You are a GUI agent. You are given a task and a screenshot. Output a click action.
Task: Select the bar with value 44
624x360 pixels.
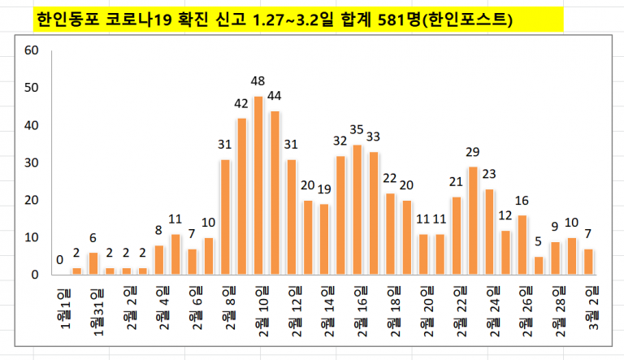point(275,193)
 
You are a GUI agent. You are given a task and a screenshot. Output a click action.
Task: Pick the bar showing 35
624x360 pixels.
point(357,210)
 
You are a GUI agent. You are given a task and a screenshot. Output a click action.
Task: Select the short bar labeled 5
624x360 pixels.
point(539,266)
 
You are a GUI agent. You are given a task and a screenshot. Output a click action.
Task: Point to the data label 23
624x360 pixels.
point(489,174)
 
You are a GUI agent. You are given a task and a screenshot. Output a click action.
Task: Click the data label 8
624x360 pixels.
point(158,230)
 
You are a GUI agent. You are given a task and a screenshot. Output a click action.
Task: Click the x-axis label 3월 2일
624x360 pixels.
point(593,309)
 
